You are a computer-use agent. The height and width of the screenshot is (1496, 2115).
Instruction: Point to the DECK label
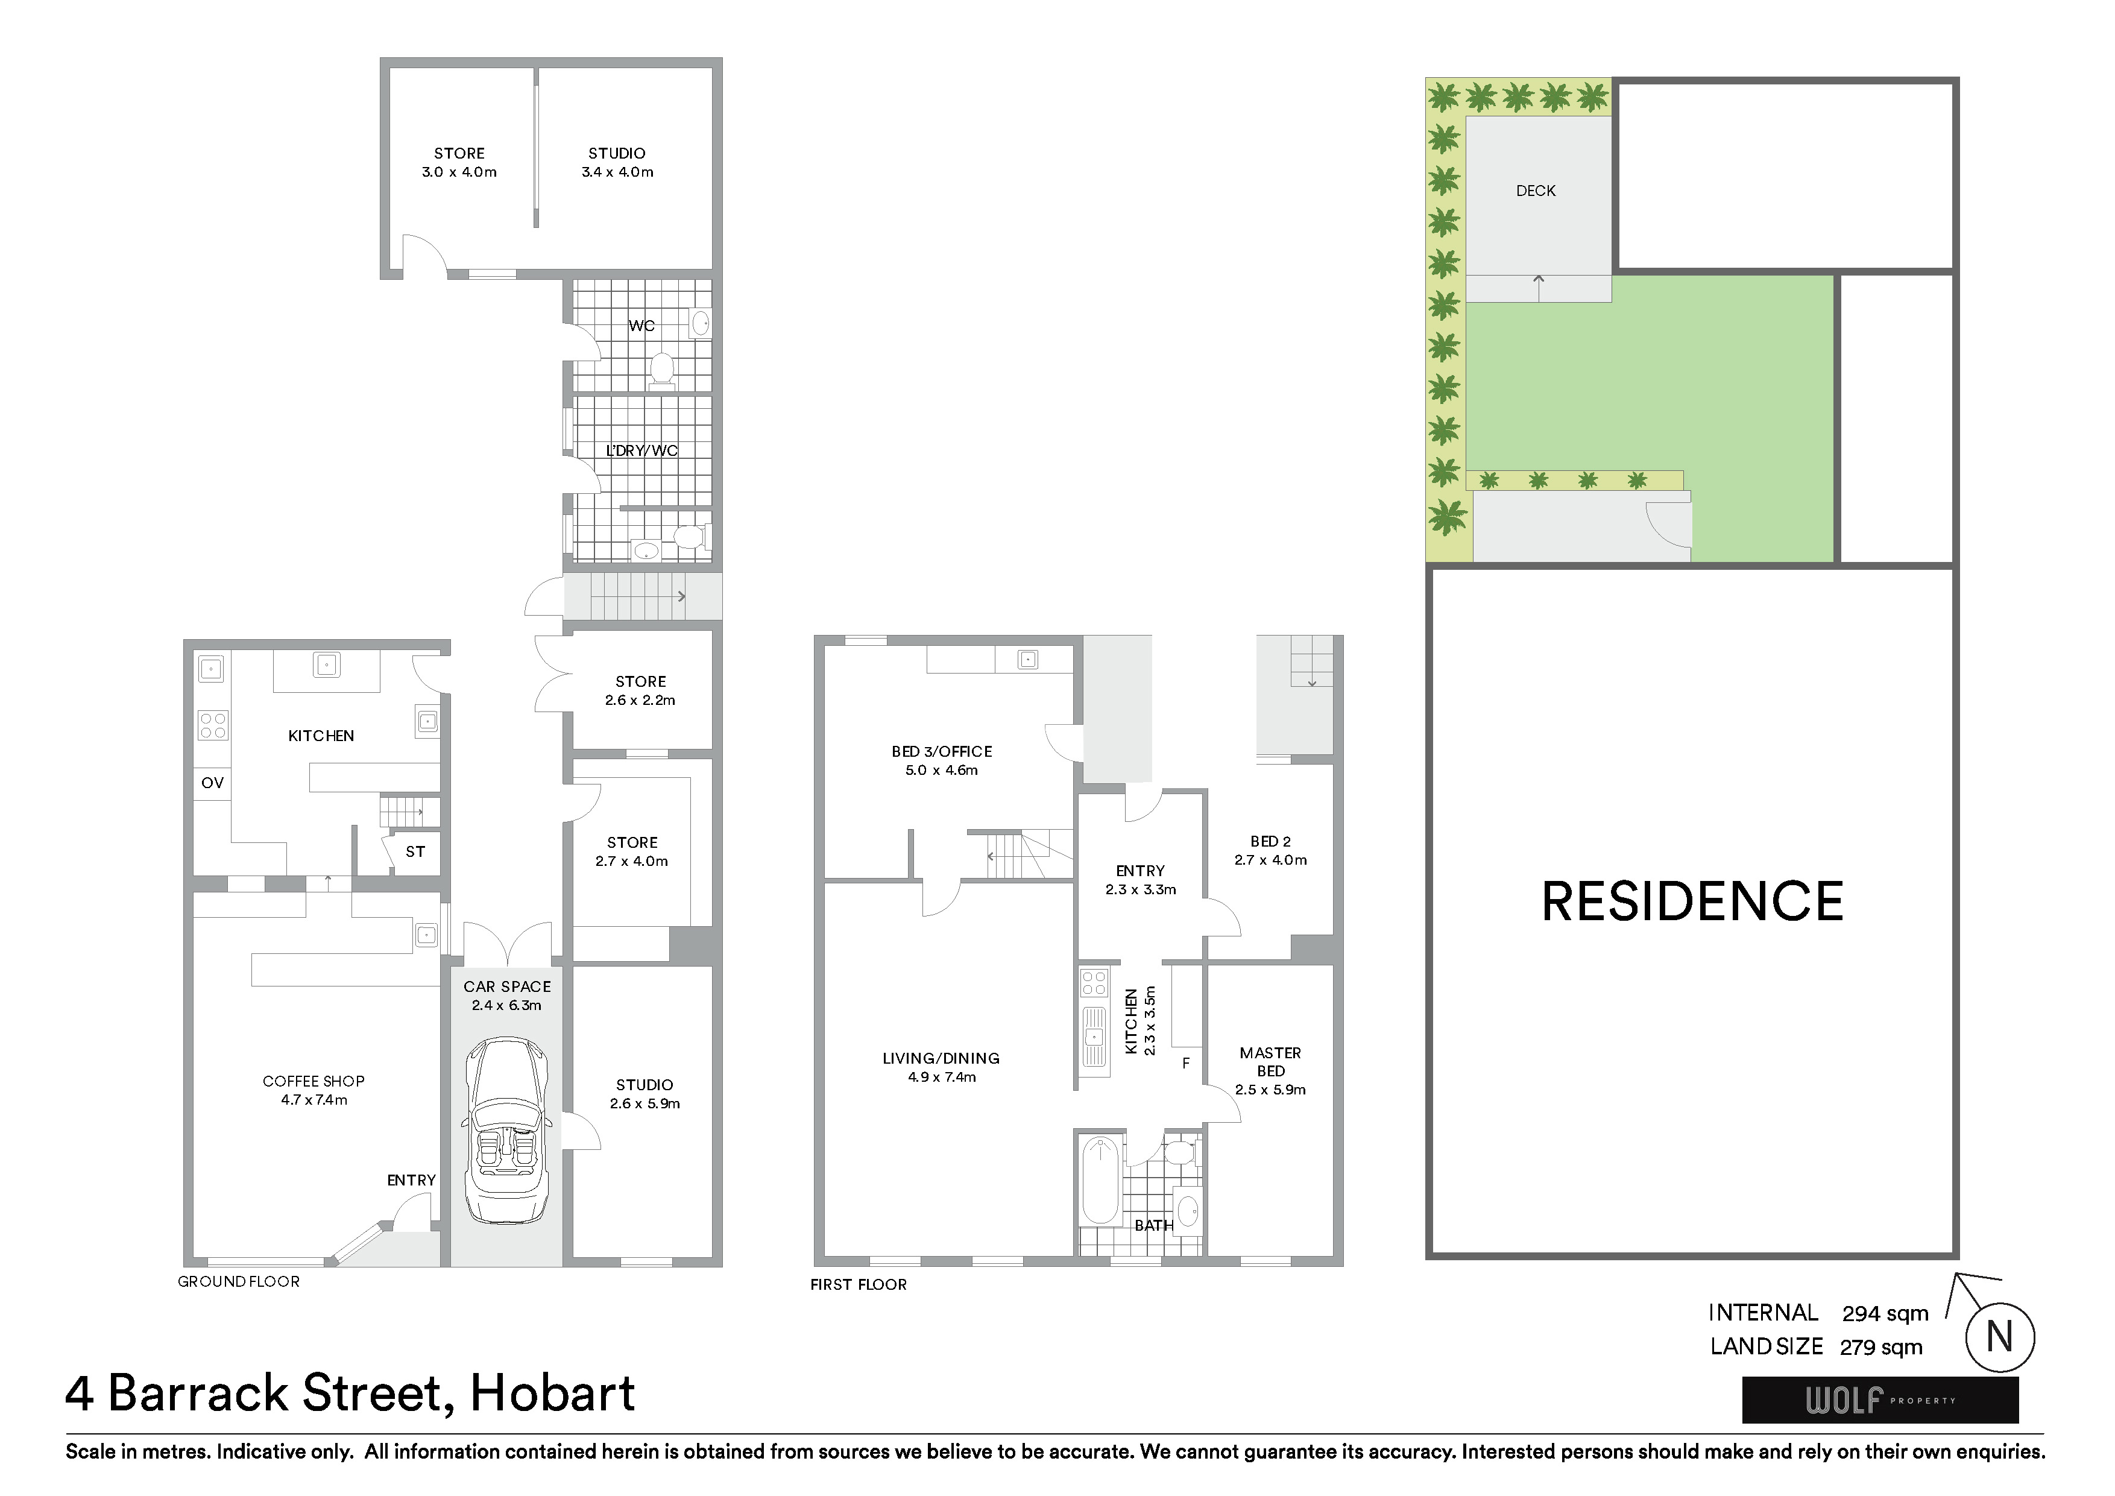tap(1536, 191)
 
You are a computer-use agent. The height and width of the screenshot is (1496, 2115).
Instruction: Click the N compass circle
tap(2000, 1337)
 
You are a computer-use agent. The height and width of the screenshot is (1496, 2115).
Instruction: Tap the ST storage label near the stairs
tap(415, 851)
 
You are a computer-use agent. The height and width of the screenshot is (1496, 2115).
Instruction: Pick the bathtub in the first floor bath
tap(1100, 1180)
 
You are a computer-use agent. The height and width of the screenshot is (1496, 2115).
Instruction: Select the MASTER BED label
tap(1270, 1061)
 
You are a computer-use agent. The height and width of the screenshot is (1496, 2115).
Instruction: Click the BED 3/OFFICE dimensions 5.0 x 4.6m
tap(941, 770)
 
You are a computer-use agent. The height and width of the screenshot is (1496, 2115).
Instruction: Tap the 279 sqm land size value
tap(1881, 1347)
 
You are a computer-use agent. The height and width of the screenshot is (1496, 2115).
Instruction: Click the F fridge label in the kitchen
tap(1187, 1063)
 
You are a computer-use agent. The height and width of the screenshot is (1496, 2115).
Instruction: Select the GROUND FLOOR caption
tap(239, 1281)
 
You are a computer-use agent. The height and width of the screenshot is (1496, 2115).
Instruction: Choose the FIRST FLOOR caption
tap(859, 1284)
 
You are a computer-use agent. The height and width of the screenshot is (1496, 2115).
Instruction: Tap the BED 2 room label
tap(1270, 841)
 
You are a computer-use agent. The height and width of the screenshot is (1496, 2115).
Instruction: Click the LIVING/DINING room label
tap(941, 1058)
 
